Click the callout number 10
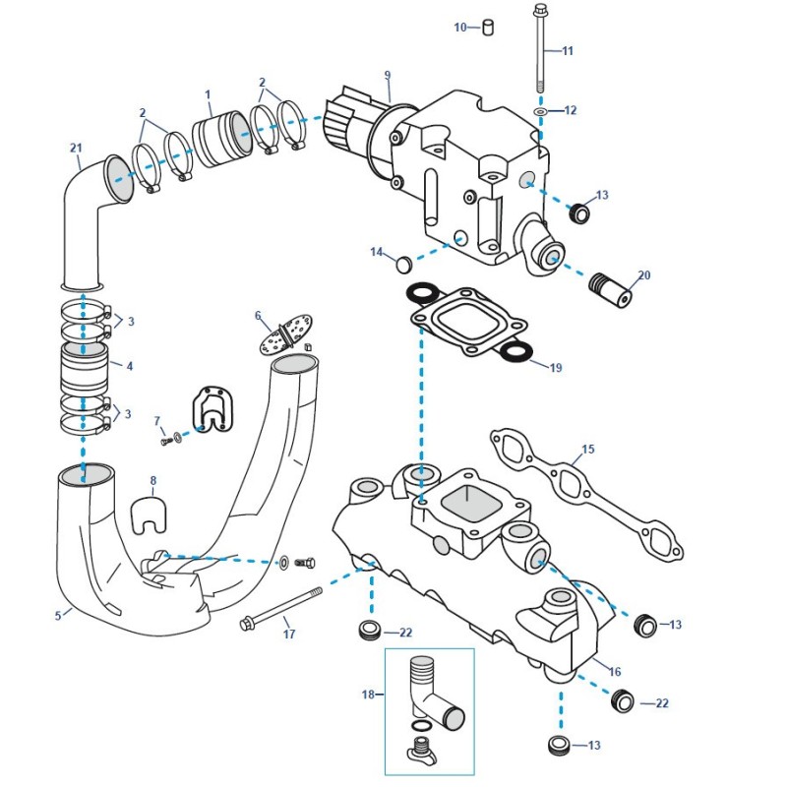coord(460,28)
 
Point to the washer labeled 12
coord(539,111)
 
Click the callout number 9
coord(388,75)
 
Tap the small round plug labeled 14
coord(401,264)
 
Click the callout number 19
coord(556,368)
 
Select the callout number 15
coord(588,449)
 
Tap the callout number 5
coord(59,616)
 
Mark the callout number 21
coord(76,149)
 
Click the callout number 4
coord(129,366)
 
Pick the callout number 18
coord(368,694)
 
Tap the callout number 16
coord(616,671)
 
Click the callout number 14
coord(376,253)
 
